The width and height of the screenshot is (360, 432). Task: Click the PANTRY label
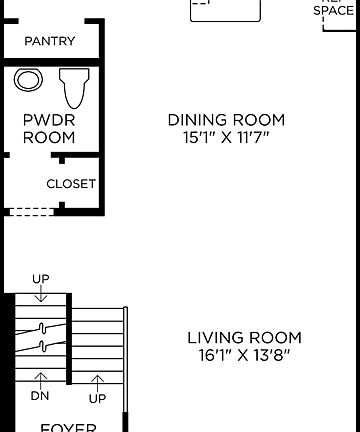(50, 42)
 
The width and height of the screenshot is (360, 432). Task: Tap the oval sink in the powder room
(28, 81)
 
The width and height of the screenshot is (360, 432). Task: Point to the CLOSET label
(71, 184)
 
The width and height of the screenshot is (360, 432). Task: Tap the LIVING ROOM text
(244, 338)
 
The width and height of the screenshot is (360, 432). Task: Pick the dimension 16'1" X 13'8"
(244, 354)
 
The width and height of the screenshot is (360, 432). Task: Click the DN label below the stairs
(41, 397)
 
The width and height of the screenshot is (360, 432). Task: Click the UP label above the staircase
(41, 278)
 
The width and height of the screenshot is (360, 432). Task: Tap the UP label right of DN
(98, 397)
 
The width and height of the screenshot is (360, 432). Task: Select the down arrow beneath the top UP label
(41, 295)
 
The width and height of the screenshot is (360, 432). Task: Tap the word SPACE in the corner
(334, 11)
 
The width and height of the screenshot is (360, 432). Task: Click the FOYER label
(68, 427)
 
